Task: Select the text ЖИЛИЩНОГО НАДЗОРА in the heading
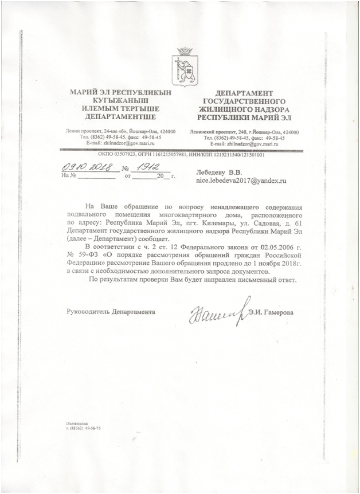(243, 107)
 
